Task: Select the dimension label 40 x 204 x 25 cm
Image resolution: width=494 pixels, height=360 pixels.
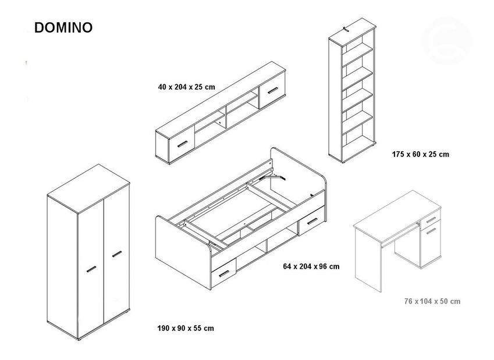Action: [x=186, y=87]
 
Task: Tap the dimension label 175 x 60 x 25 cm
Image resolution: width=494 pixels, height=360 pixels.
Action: [x=421, y=155]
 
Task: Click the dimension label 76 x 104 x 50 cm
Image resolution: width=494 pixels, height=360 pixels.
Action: [x=432, y=301]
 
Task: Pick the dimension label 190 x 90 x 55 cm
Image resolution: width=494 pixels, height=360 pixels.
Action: [x=186, y=328]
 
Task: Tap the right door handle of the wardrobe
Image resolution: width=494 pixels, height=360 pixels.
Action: [x=116, y=254]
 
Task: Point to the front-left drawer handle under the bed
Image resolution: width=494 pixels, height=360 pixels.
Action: [x=223, y=273]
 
